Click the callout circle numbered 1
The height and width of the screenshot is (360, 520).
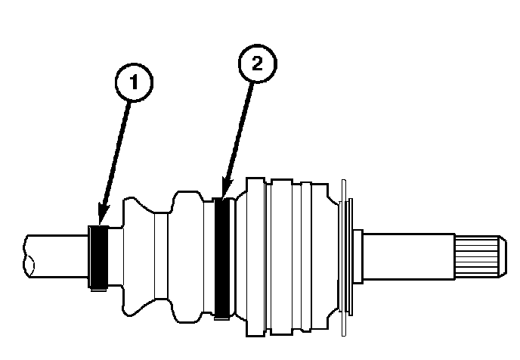(x=133, y=82)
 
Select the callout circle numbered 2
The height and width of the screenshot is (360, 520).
(x=256, y=65)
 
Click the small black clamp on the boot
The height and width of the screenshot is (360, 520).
(x=98, y=257)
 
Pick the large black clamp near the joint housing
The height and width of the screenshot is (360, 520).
(x=222, y=256)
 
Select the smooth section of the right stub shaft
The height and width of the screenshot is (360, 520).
(x=408, y=257)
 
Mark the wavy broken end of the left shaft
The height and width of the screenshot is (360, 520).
(x=29, y=257)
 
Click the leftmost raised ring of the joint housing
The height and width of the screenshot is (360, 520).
(x=255, y=257)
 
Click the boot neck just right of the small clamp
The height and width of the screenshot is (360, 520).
(x=114, y=257)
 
